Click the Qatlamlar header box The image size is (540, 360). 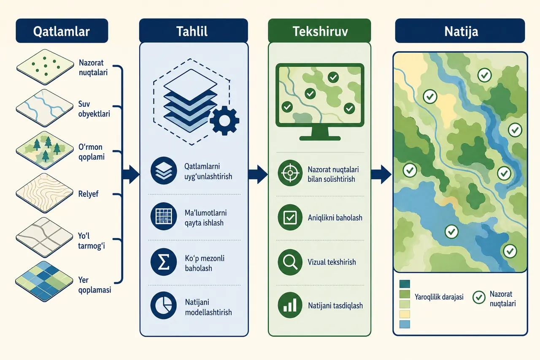(x=62, y=31)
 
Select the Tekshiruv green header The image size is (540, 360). (x=319, y=31)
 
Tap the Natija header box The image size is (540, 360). (x=460, y=31)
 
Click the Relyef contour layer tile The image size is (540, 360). (x=45, y=193)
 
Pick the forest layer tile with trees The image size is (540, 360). (x=45, y=150)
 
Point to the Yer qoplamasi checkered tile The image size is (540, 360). (x=44, y=281)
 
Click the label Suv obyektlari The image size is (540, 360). (x=94, y=109)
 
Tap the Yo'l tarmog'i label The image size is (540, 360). (x=92, y=241)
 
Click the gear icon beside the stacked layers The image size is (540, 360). (x=224, y=121)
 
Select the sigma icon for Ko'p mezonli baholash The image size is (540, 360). (x=163, y=262)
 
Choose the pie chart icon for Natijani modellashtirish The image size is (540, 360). (x=163, y=306)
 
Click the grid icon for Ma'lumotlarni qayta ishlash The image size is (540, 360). (x=163, y=216)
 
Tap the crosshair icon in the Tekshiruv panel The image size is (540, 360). (x=290, y=173)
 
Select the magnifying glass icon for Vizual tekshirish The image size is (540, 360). (x=290, y=262)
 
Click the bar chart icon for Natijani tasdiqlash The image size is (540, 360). (x=290, y=305)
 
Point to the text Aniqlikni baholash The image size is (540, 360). (x=335, y=218)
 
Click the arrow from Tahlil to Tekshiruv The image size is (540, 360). (x=258, y=174)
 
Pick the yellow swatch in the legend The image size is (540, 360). (x=405, y=314)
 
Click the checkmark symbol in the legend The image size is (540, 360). (x=479, y=297)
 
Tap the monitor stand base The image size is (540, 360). (x=320, y=138)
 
